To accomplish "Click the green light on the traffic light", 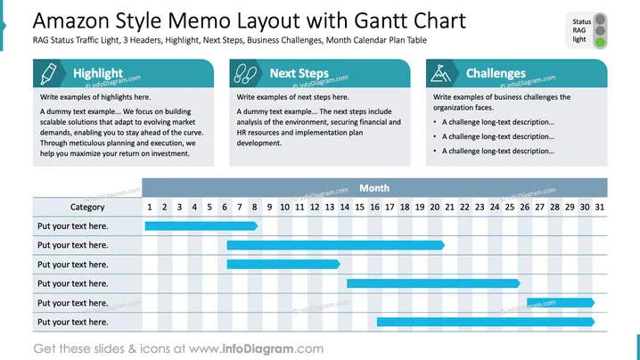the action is pyautogui.click(x=600, y=42).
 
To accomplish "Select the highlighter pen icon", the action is pyautogui.click(x=48, y=73).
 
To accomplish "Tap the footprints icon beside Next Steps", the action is pyautogui.click(x=245, y=73).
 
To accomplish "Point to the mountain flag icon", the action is pyautogui.click(x=440, y=73).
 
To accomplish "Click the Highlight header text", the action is pyautogui.click(x=97, y=73).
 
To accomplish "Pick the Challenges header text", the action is pyautogui.click(x=496, y=73).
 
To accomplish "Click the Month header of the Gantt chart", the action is pyautogui.click(x=374, y=188).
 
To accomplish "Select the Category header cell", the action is pyautogui.click(x=87, y=207).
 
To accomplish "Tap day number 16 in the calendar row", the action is pyautogui.click(x=374, y=207).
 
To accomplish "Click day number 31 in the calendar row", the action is pyautogui.click(x=600, y=207).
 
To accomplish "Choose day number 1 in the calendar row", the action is pyautogui.click(x=150, y=207).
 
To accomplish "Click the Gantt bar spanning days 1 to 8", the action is pyautogui.click(x=201, y=225).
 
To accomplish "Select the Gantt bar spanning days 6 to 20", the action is pyautogui.click(x=335, y=245).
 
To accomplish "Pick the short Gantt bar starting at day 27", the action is pyautogui.click(x=561, y=302).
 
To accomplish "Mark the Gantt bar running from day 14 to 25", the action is pyautogui.click(x=433, y=283).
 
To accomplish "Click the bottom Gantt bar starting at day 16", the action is pyautogui.click(x=486, y=322).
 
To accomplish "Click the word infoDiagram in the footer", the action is pyautogui.click(x=258, y=348).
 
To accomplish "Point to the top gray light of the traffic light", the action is pyautogui.click(x=600, y=20).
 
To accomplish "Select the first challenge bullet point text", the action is pyautogui.click(x=498, y=122).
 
